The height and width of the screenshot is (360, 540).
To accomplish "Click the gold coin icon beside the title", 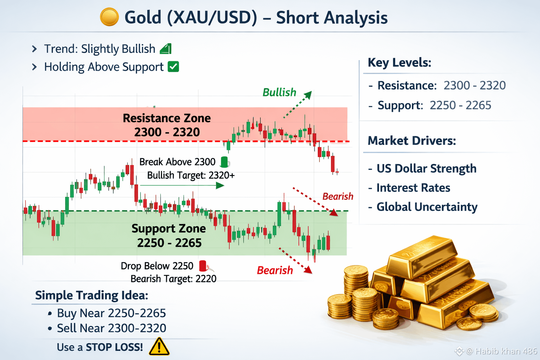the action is click(x=109, y=17).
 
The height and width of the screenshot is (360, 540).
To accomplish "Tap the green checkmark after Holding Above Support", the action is click(x=173, y=66).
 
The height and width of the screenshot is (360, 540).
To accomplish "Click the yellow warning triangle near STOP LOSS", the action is click(x=159, y=347).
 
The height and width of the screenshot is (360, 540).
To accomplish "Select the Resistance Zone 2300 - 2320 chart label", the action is click(x=167, y=125).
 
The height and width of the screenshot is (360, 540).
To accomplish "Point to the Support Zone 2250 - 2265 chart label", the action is click(x=169, y=235).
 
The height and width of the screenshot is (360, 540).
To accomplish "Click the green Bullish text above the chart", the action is click(x=279, y=92).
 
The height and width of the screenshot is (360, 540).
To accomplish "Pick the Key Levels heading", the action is click(x=399, y=63).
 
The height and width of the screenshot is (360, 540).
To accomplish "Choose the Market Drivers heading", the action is click(x=412, y=141).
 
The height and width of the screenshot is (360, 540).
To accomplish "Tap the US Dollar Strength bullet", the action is click(x=422, y=168).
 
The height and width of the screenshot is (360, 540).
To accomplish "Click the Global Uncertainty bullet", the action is click(x=423, y=207).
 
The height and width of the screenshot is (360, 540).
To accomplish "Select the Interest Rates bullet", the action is click(x=409, y=188).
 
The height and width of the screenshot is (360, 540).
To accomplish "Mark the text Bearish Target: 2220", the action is click(x=173, y=279).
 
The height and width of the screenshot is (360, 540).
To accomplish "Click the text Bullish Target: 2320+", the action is click(x=191, y=175).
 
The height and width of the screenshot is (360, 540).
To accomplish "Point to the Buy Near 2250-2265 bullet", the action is click(x=107, y=313).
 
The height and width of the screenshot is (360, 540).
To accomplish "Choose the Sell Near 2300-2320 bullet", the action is click(x=107, y=328).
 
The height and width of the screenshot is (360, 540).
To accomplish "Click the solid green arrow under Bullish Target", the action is click(x=182, y=185).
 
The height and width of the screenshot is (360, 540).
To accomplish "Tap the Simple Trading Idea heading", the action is click(x=92, y=295).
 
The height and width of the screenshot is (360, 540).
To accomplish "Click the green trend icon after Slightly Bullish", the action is click(x=166, y=49).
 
